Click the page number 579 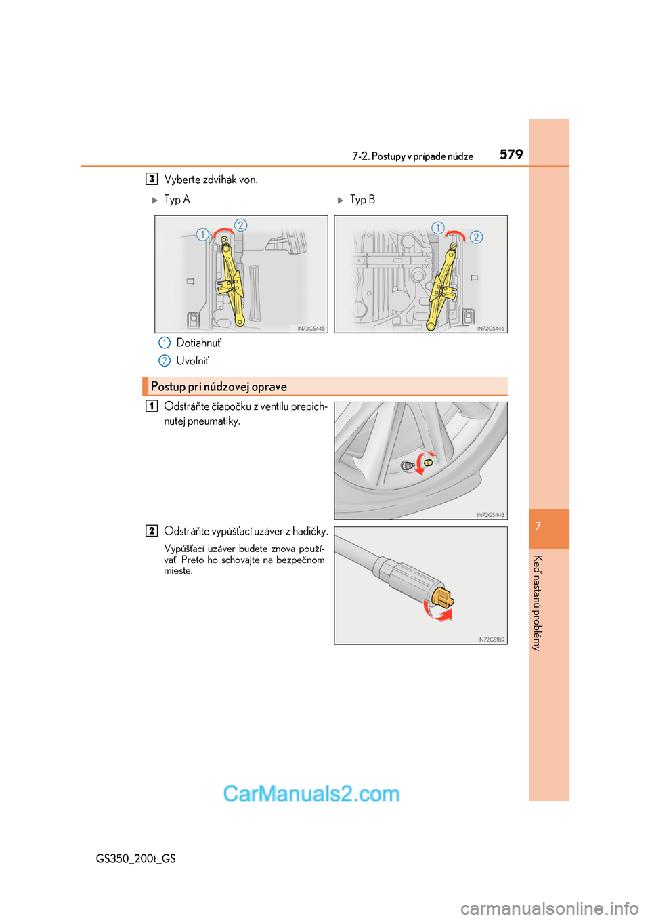511,154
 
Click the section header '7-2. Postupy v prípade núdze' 412,156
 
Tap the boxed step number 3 152,179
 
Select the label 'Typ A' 177,200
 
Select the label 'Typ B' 362,200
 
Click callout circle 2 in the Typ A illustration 240,225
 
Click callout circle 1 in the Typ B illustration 438,228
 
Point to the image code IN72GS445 311,329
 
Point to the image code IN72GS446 490,329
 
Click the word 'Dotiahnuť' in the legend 198,343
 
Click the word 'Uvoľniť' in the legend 192,361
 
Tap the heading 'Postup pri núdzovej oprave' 219,387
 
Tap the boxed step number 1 152,406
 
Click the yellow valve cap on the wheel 428,462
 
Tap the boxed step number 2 152,530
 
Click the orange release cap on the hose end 441,598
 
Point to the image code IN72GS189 491,640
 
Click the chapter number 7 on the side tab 538,526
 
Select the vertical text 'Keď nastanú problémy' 538,603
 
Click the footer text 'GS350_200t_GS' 136,858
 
